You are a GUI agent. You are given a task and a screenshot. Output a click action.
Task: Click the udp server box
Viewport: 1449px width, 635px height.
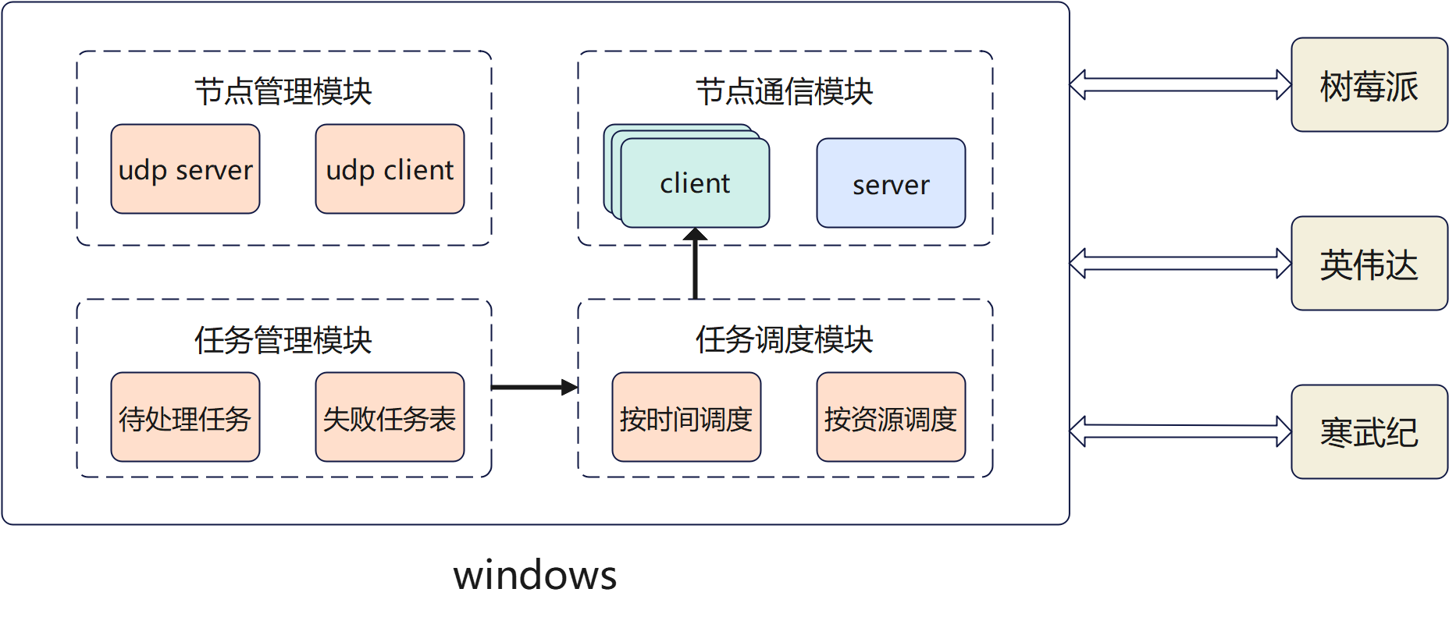185,169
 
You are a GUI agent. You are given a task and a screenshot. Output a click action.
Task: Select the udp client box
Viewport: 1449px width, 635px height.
390,169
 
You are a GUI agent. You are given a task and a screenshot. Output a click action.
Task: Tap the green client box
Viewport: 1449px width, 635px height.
695,184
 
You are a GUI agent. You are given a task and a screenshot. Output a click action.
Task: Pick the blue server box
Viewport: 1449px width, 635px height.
891,183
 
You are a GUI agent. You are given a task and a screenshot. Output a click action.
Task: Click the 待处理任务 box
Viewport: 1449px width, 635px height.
185,417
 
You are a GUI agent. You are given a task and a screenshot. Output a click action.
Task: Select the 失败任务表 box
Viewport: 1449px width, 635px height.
390,417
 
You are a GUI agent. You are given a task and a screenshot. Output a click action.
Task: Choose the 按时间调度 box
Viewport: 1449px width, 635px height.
686,417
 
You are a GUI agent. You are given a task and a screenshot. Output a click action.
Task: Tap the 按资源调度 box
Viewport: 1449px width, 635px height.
891,417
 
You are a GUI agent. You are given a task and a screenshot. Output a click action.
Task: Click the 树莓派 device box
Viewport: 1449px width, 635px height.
1369,85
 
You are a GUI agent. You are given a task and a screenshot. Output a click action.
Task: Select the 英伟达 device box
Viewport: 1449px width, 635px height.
1369,264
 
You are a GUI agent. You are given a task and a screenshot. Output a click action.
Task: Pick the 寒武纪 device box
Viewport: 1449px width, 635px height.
1369,431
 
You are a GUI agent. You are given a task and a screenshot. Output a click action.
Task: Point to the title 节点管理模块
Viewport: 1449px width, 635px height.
283,91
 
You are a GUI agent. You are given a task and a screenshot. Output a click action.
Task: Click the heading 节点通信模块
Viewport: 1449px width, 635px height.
785,91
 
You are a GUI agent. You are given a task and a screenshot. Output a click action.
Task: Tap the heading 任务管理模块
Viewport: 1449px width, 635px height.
283,340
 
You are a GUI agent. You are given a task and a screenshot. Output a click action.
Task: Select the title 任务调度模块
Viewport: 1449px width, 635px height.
785,339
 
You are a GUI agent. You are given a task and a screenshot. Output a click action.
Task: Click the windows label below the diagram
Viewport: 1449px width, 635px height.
535,576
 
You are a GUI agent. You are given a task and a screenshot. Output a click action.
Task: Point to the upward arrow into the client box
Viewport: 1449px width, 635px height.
695,265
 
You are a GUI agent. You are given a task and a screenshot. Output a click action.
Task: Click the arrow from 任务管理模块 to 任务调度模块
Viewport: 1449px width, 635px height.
534,387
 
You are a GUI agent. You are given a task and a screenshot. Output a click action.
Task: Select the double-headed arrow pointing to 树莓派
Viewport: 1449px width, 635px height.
1180,84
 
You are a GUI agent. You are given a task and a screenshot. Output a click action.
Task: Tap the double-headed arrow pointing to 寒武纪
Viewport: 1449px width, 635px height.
1180,431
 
